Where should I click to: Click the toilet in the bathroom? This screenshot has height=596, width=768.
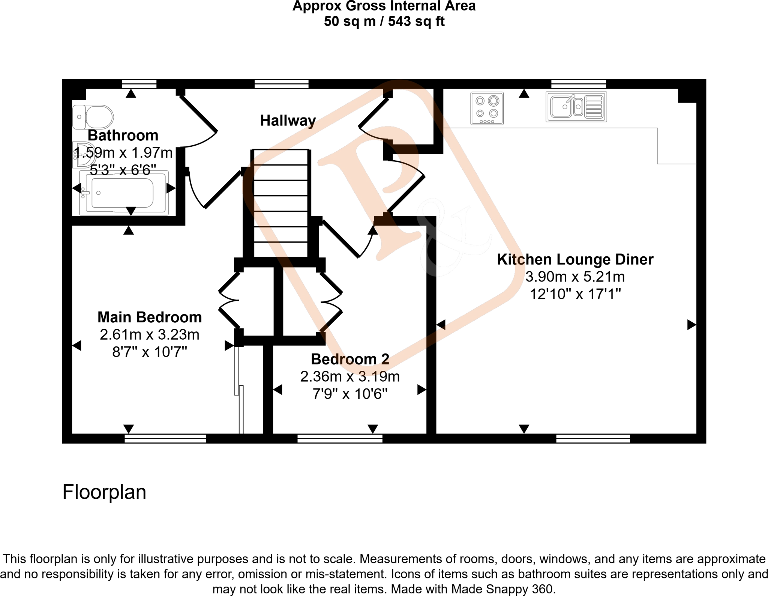coord(94,117)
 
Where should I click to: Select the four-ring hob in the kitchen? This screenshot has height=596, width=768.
coord(487,108)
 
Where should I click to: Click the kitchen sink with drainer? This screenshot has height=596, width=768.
coord(576,107)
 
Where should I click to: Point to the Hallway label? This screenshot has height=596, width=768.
coord(288,120)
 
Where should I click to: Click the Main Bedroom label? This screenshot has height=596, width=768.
coord(150,317)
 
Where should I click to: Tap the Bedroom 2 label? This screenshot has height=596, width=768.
coord(350,359)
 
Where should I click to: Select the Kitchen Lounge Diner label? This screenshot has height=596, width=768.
coord(575,259)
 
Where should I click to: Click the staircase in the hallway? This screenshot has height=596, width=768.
coord(280,203)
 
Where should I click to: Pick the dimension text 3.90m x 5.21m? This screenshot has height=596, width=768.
coord(575,277)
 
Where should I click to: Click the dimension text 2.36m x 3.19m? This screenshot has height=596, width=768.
coord(350,376)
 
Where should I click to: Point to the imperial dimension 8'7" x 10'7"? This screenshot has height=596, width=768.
coord(150,352)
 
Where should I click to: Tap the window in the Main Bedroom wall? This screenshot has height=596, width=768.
coord(165,438)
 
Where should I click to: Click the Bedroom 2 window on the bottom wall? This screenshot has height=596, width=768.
coord(340,438)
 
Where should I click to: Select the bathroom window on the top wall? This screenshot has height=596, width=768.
coord(139,84)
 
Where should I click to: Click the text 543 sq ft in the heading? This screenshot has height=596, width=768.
coord(416,21)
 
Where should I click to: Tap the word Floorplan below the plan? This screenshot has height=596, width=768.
coord(104,492)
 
